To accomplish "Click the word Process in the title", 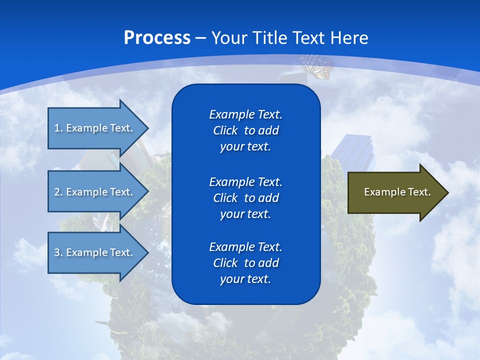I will click(157, 38).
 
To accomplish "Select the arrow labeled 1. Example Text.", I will click(95, 128).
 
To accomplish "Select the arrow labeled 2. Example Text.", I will click(95, 192).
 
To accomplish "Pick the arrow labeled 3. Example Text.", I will click(95, 252).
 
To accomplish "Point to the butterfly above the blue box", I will click(317, 66).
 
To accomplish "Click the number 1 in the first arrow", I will click(57, 128).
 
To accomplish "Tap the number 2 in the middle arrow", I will click(57, 192).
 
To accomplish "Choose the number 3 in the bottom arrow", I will click(57, 252).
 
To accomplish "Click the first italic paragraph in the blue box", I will click(245, 130).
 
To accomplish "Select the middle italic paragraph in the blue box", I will click(245, 198).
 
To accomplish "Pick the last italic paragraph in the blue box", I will click(245, 263).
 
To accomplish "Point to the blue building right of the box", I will click(354, 150).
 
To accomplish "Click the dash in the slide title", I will click(200, 38).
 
